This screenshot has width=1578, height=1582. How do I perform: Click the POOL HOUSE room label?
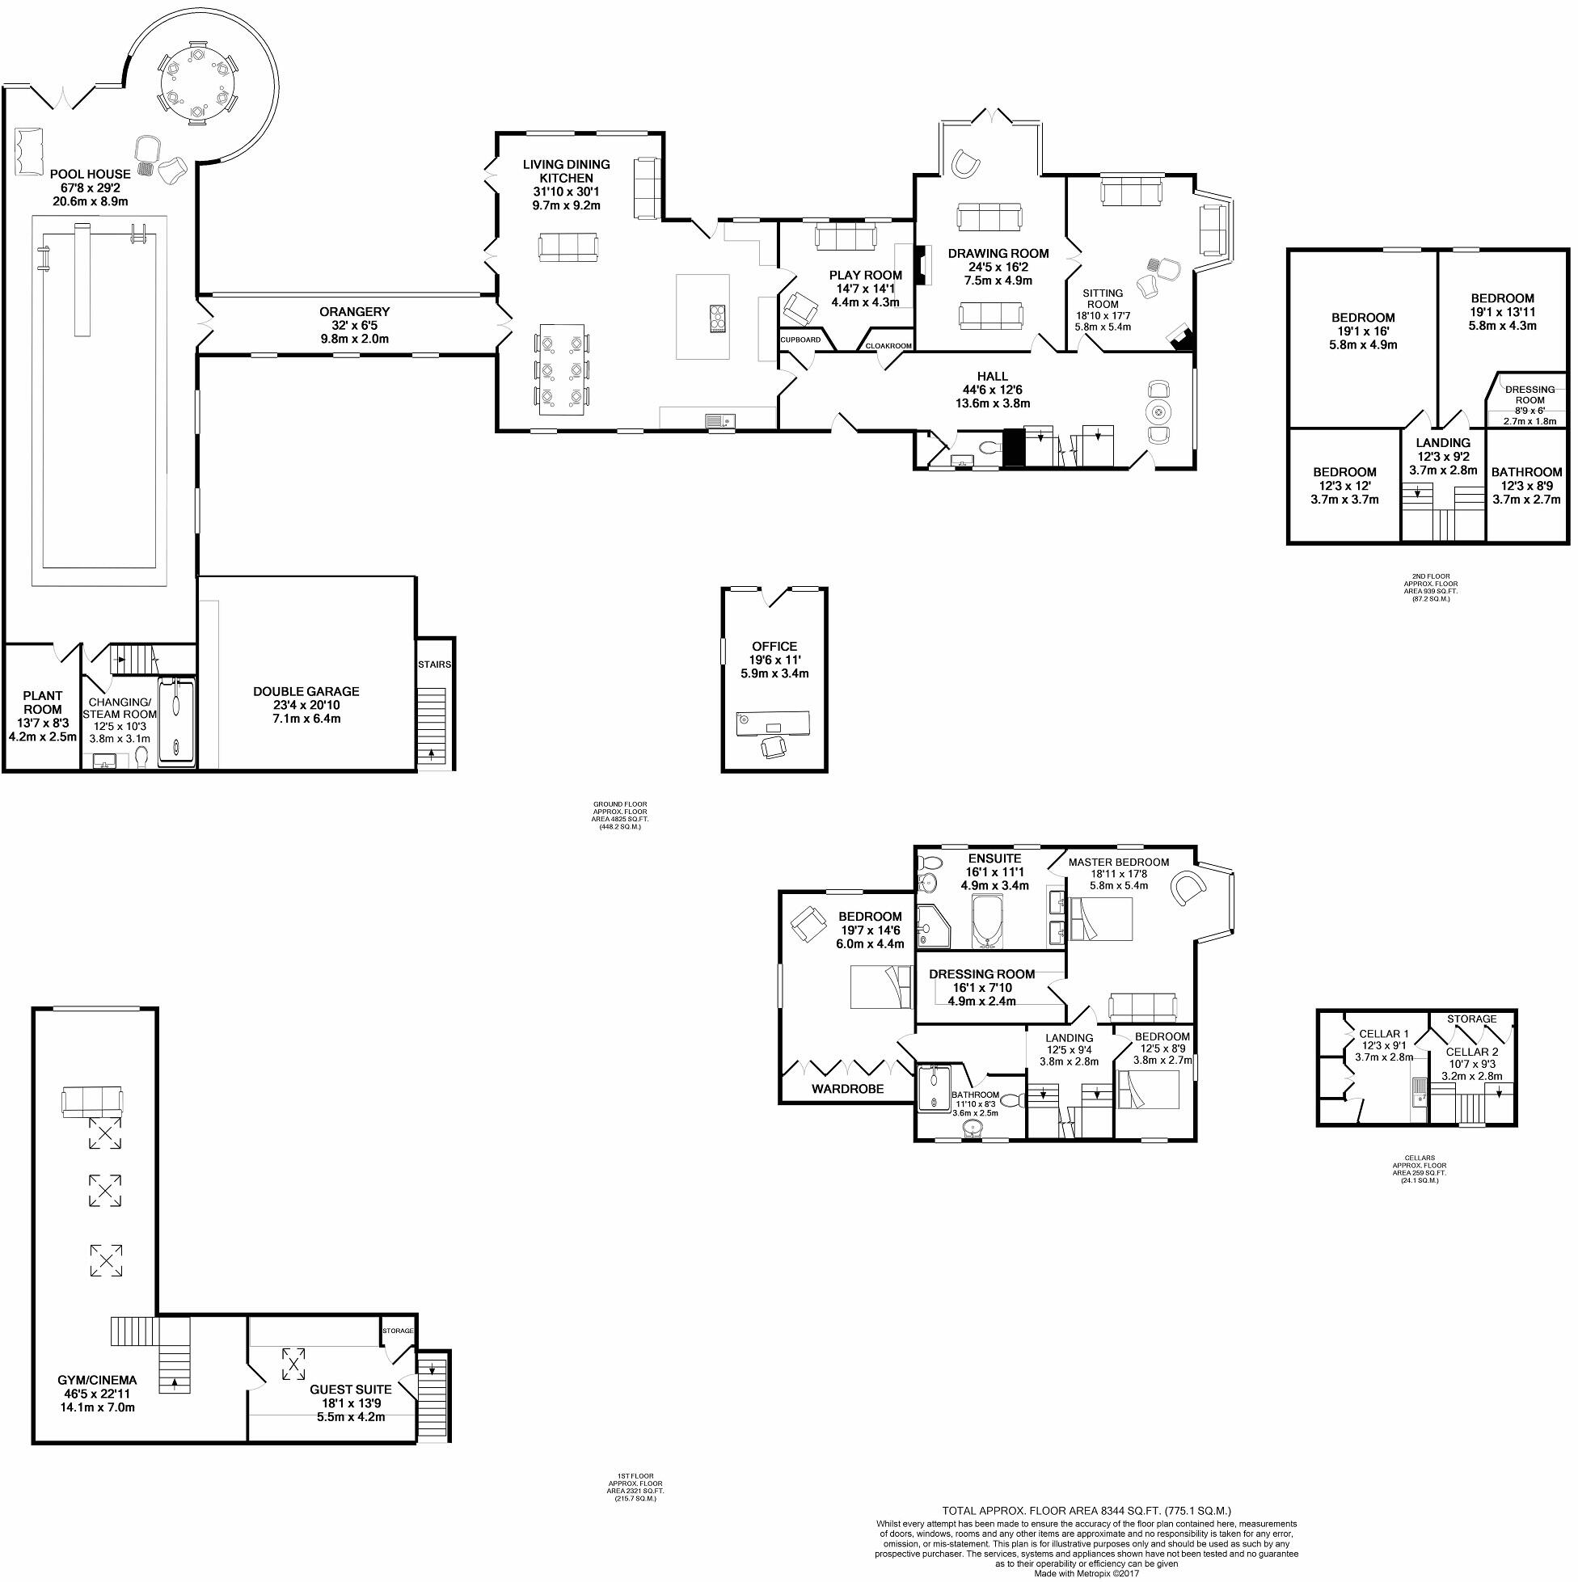[x=90, y=174]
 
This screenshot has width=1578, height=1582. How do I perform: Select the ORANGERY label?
[x=355, y=312]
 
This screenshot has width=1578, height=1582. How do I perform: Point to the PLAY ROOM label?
[x=865, y=275]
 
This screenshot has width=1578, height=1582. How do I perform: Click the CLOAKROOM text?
[x=888, y=346]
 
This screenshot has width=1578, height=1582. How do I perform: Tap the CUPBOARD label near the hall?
[x=800, y=340]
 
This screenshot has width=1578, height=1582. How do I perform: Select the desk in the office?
[x=773, y=722]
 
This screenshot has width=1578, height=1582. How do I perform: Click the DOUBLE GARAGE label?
[x=306, y=691]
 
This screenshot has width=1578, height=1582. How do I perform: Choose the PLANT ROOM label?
[x=43, y=702]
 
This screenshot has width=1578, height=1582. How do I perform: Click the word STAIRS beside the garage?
[x=434, y=664]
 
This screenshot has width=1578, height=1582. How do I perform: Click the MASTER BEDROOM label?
[x=1119, y=863]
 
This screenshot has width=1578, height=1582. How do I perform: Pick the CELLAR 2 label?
[x=1471, y=1053]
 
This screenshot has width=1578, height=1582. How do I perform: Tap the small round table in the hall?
[x=1159, y=412]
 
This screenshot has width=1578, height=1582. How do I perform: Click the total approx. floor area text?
[x=1086, y=1511]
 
